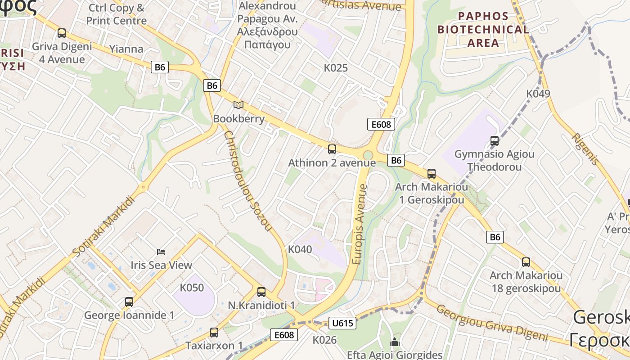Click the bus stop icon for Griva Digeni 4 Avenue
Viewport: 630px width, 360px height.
[62, 33]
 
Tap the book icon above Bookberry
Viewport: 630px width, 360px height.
[238, 105]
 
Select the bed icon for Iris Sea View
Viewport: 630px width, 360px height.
[161, 252]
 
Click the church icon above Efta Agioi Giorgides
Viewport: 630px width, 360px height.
[395, 342]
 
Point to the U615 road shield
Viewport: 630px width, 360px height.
[342, 323]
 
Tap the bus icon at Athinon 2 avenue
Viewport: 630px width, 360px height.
[332, 149]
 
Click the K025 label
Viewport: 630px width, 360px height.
[336, 68]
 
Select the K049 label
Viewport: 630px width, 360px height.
[538, 94]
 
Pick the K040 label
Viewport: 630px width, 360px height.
[300, 249]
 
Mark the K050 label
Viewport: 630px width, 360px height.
[192, 288]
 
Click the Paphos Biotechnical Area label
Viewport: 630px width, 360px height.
[483, 30]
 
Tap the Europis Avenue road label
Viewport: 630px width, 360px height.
[360, 224]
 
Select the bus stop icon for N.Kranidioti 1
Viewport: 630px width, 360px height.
[261, 292]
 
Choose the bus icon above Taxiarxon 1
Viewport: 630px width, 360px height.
[214, 333]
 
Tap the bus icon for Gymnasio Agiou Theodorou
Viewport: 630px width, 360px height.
[495, 141]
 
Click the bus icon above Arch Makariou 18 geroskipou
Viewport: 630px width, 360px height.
[526, 262]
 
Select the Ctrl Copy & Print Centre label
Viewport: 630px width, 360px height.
[117, 14]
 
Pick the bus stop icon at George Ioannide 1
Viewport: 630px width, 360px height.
[129, 302]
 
